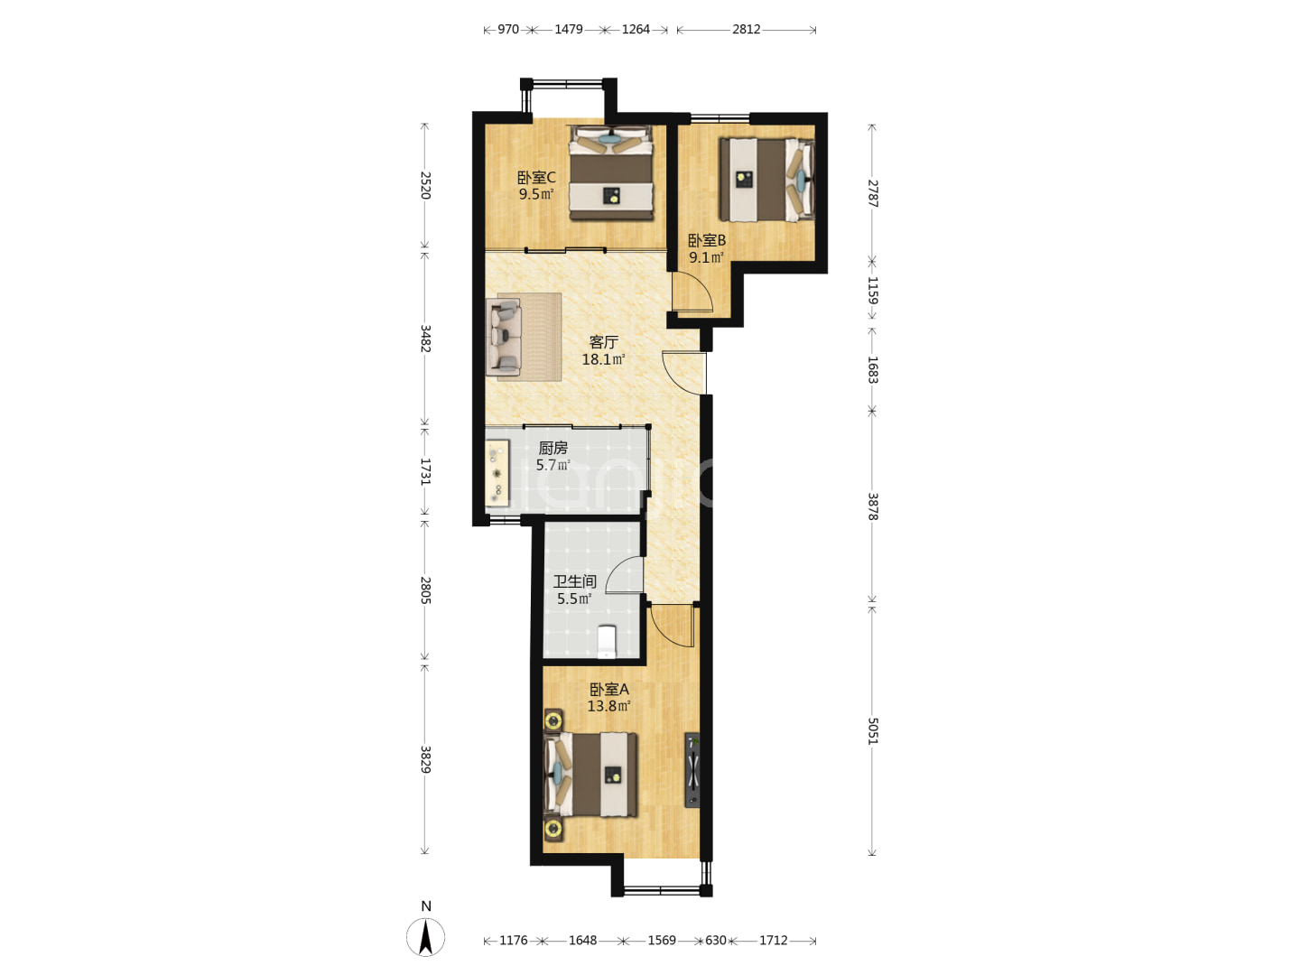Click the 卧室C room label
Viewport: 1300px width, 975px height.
tap(536, 178)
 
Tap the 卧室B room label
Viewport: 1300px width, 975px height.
tap(707, 241)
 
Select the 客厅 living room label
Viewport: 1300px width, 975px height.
tap(604, 342)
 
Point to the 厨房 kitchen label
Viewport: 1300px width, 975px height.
tap(552, 448)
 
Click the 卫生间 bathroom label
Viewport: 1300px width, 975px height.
tap(574, 581)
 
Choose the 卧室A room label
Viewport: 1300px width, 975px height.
tap(608, 690)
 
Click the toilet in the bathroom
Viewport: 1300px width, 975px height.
tap(607, 642)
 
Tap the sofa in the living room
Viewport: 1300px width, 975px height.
tap(504, 337)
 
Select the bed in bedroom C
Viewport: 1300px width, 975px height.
tap(611, 172)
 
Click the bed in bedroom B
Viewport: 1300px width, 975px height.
tap(766, 179)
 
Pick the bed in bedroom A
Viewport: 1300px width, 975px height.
tap(591, 775)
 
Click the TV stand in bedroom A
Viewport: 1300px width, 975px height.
tap(692, 770)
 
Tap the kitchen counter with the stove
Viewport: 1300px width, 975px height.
tap(497, 473)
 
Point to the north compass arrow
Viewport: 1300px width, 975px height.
tap(425, 936)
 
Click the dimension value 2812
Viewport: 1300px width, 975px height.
tap(747, 30)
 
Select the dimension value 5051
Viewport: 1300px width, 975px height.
tap(872, 731)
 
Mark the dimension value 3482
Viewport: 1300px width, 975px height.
tap(424, 339)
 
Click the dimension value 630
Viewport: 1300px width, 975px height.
tap(715, 940)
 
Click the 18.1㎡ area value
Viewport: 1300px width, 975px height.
tap(604, 359)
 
